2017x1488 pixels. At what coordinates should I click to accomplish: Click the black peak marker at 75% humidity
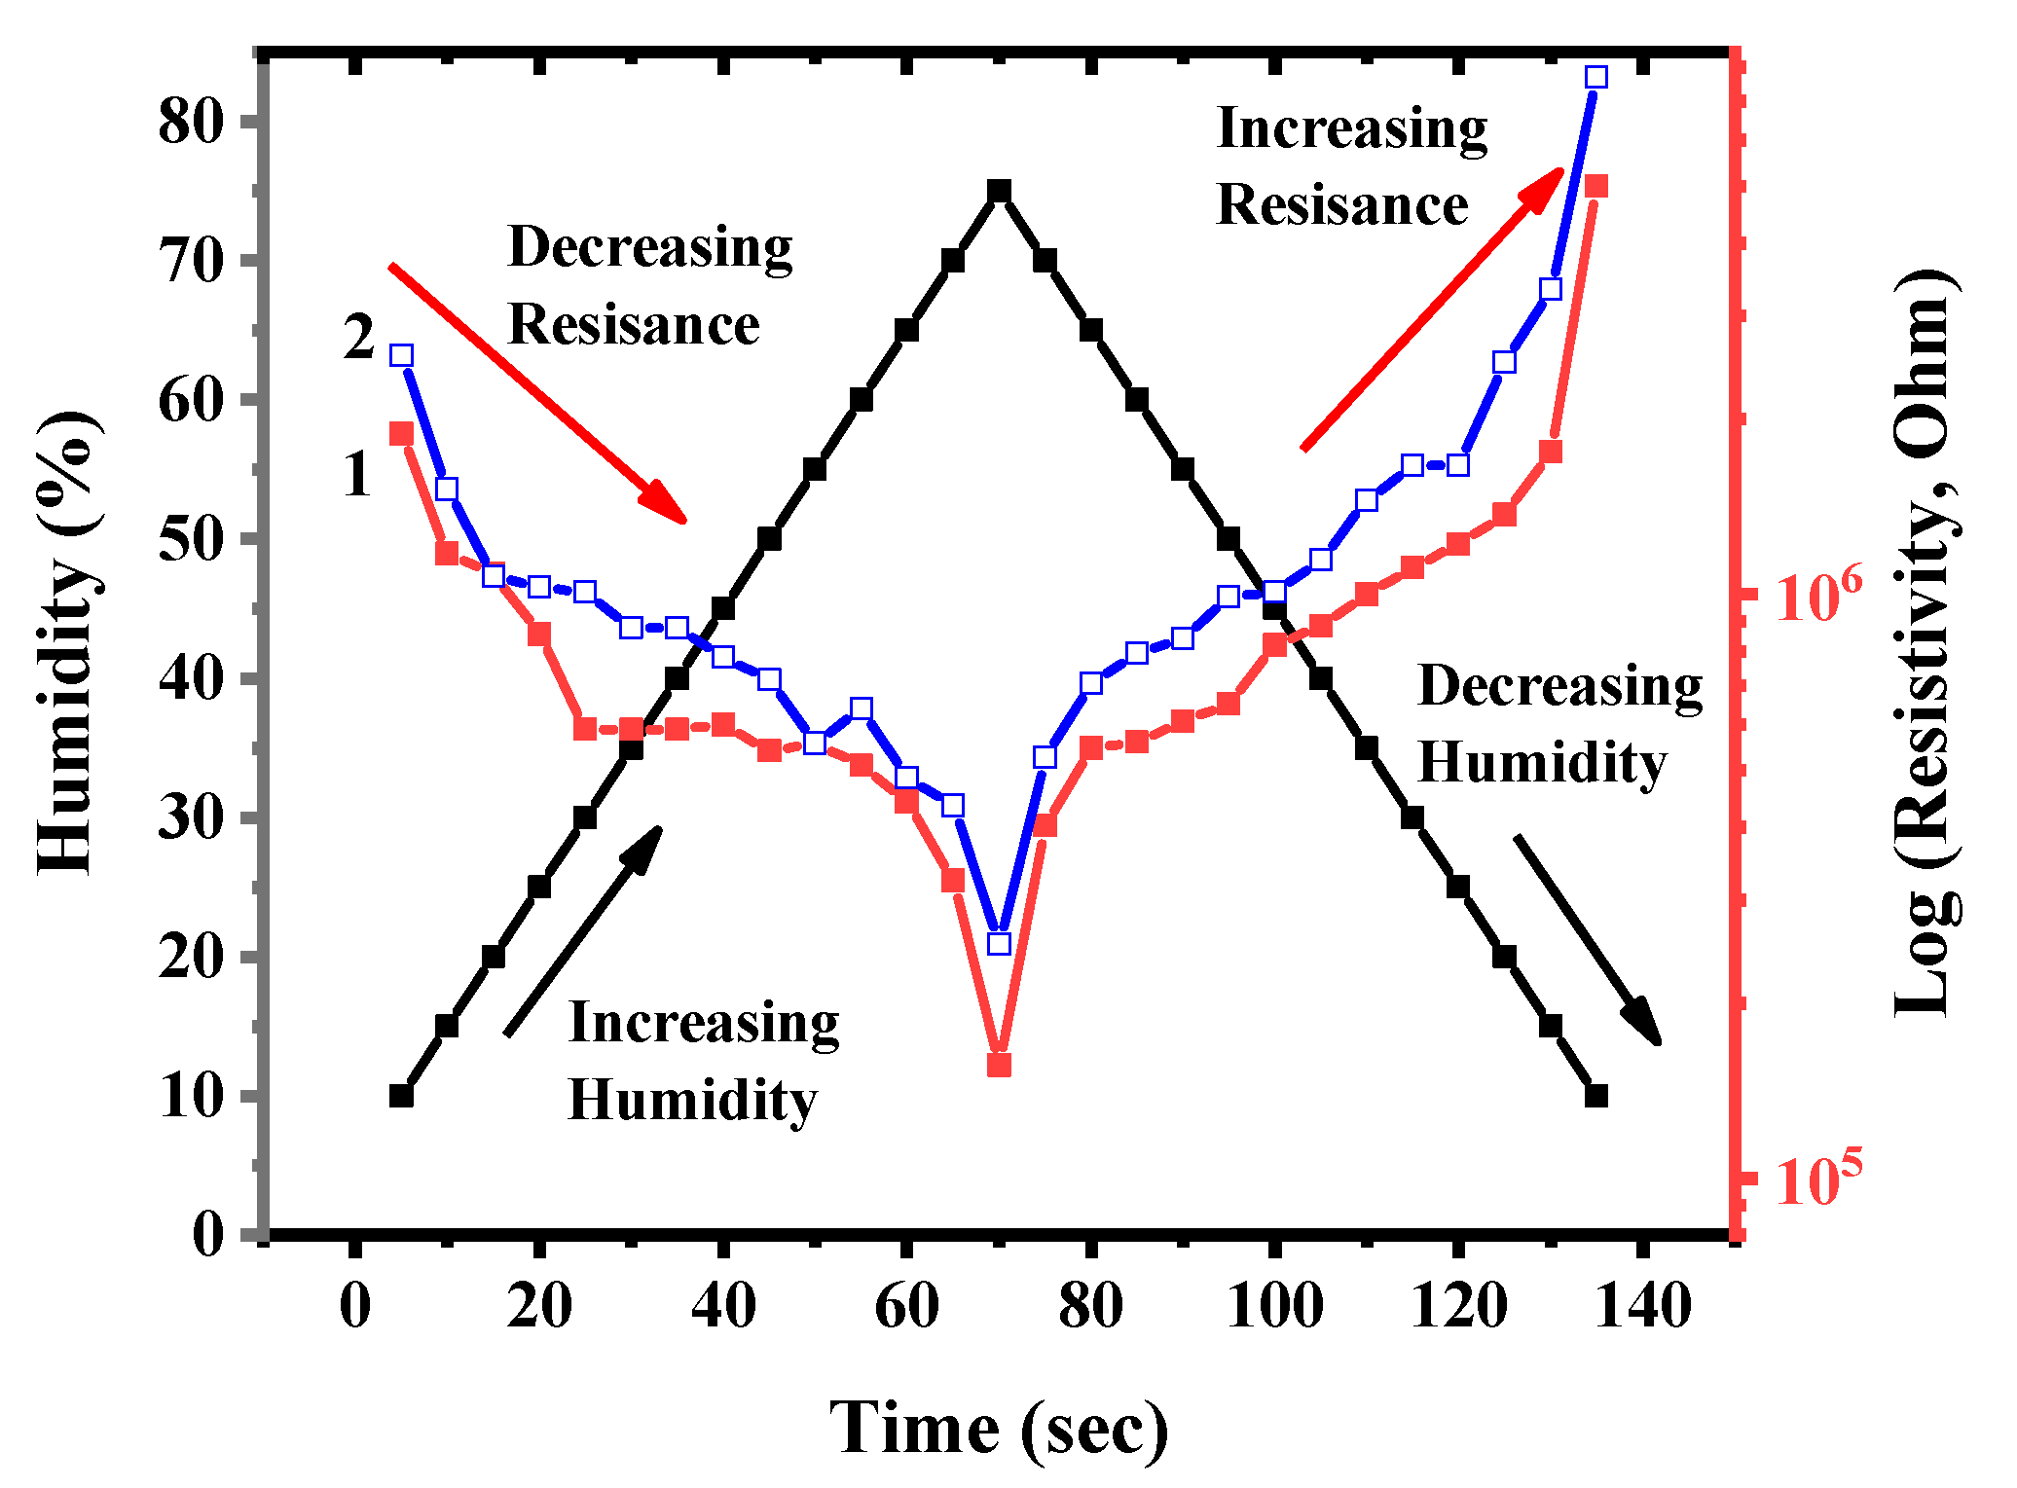999,191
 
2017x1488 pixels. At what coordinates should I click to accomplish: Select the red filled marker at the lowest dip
999,1066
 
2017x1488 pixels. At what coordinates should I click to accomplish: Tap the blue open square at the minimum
999,943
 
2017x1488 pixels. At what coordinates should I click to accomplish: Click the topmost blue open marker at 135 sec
1595,77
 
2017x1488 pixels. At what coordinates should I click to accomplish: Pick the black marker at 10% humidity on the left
401,1096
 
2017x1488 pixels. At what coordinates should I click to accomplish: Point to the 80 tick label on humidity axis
191,122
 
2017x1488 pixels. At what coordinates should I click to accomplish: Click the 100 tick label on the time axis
1274,1306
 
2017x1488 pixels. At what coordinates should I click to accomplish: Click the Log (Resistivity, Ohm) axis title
1925,642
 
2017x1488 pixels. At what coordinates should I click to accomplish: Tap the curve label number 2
358,338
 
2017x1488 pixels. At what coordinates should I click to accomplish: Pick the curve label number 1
358,475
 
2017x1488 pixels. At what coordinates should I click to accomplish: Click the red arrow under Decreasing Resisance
537,392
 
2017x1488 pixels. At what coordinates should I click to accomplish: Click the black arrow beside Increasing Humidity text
583,930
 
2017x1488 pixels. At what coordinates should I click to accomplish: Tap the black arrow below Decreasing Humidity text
1587,939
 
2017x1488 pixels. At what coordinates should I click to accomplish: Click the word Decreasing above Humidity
1560,686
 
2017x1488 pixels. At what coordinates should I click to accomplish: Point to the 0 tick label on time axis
355,1306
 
